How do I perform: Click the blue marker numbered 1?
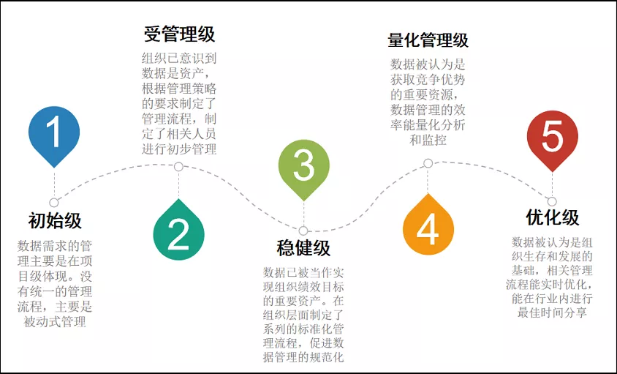tap(54, 134)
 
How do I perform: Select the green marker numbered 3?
tap(303, 168)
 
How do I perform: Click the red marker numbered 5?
tap(553, 139)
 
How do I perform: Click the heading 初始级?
tap(55, 220)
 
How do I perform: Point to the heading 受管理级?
tap(179, 34)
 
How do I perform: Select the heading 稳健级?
tap(303, 248)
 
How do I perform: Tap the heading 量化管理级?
tap(428, 40)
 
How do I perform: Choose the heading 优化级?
tap(553, 217)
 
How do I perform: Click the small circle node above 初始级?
tap(54, 203)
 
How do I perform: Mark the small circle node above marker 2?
tap(178, 167)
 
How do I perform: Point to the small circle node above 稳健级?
tap(303, 231)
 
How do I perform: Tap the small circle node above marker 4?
tap(428, 163)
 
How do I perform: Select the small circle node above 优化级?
tap(552, 201)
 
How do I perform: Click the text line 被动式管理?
tap(55, 321)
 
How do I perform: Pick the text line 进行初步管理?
tap(179, 149)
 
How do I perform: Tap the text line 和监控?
tap(428, 140)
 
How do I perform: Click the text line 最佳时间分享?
tap(552, 313)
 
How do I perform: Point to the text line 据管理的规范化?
tap(303, 357)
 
